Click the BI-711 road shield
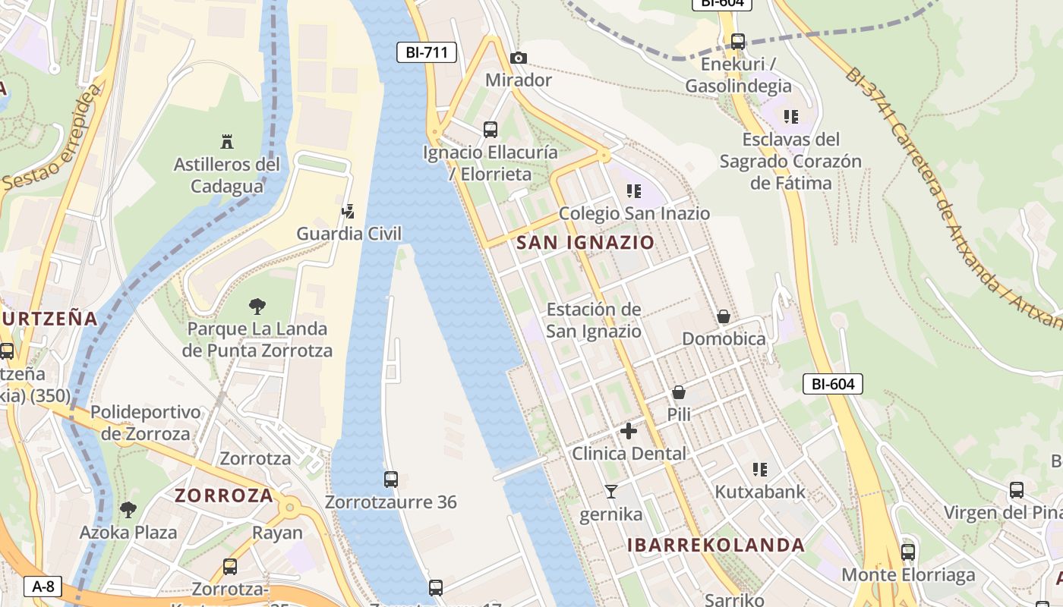[427, 52]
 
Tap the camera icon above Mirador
[519, 58]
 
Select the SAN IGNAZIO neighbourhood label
[585, 243]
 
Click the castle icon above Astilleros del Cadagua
[226, 141]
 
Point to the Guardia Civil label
[349, 234]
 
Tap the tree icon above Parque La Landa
[257, 307]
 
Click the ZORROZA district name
[224, 495]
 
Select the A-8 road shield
[43, 586]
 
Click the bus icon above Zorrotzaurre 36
[391, 480]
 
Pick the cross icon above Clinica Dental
[629, 431]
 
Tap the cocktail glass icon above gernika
[610, 492]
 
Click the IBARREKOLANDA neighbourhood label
[716, 545]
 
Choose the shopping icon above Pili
[679, 392]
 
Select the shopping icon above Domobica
[724, 316]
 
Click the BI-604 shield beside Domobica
[833, 384]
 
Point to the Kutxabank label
[760, 492]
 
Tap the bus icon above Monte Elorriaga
[907, 552]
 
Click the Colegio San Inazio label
[634, 214]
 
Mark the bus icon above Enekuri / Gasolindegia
[737, 42]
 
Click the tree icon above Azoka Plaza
[128, 509]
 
